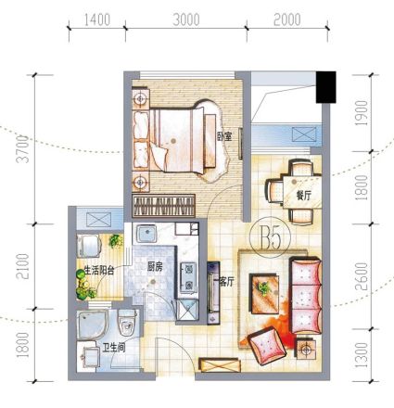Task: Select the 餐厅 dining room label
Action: tap(303, 196)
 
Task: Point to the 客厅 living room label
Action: tap(226, 281)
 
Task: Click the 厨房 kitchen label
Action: tap(155, 267)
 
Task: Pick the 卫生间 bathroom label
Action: tap(114, 348)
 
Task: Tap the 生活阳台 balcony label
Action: tap(99, 271)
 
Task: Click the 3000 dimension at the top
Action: tap(186, 20)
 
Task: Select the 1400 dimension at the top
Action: tap(97, 20)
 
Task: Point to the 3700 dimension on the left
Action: tap(23, 149)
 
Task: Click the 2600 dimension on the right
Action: tap(362, 276)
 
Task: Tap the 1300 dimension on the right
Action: tap(362, 354)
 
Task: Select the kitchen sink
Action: tap(146, 234)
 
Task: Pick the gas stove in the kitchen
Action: tap(188, 276)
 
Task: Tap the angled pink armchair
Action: tap(268, 346)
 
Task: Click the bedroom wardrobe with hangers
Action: tap(163, 205)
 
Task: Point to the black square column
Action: tap(325, 87)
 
